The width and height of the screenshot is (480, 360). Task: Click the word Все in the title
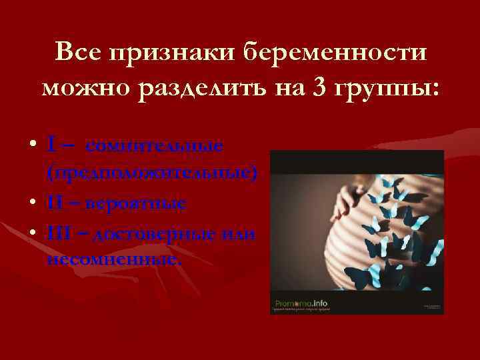(79, 52)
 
